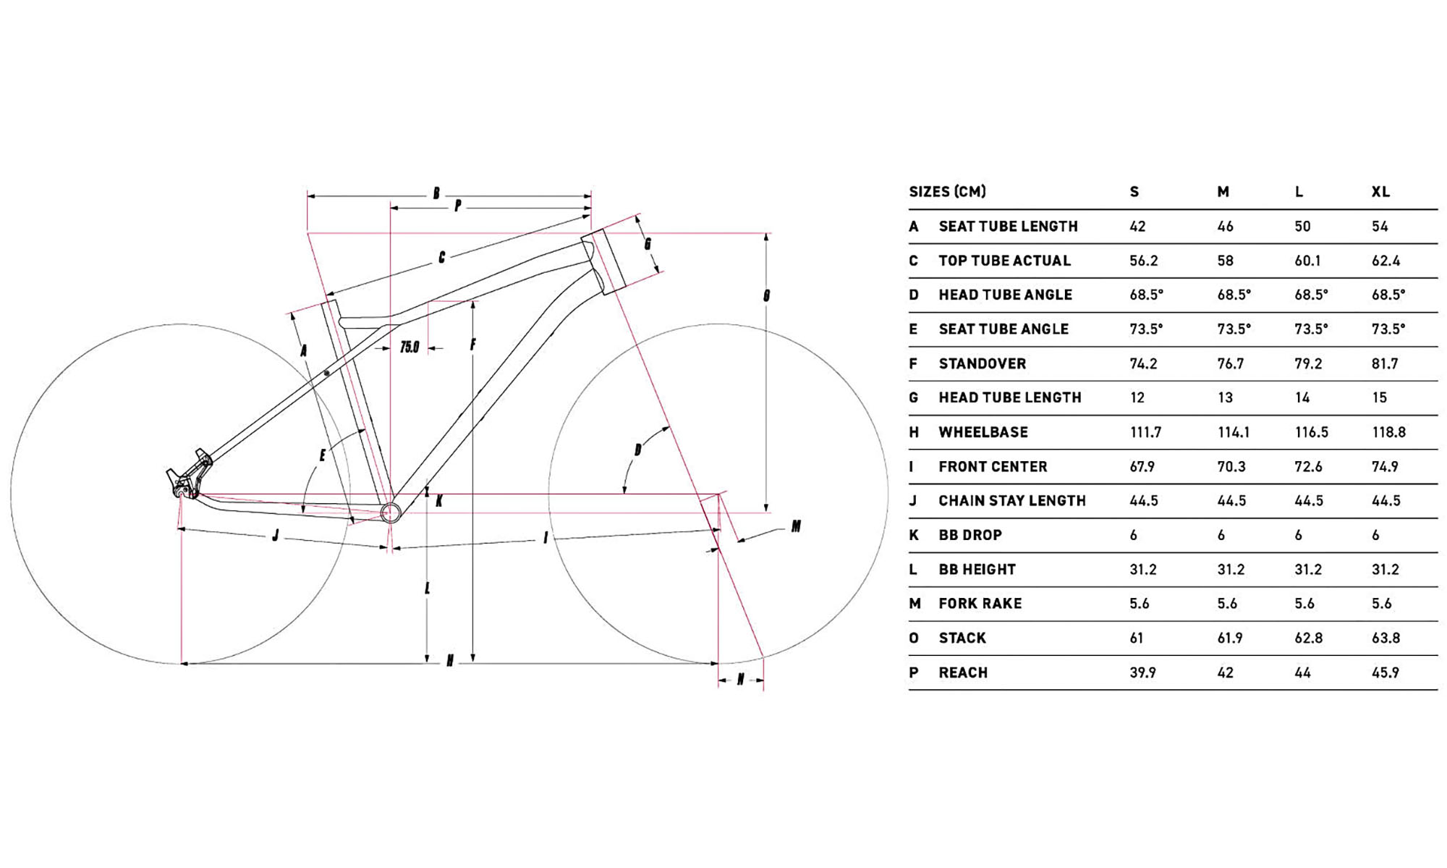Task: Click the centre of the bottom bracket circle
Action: coord(391,512)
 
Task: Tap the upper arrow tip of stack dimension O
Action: coord(766,235)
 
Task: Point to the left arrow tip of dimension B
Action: coord(308,195)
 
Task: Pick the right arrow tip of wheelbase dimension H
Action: coord(718,662)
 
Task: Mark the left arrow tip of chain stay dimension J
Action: coord(179,529)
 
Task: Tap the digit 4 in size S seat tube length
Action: coord(1134,227)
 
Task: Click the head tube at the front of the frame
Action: coord(603,261)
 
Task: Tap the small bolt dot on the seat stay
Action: coord(327,374)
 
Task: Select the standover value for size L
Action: coord(1308,363)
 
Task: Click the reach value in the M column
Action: coord(1225,673)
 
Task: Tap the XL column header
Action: coord(1380,192)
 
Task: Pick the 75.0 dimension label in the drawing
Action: coord(410,347)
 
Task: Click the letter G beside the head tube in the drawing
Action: coord(648,244)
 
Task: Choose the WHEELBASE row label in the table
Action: coord(983,432)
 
